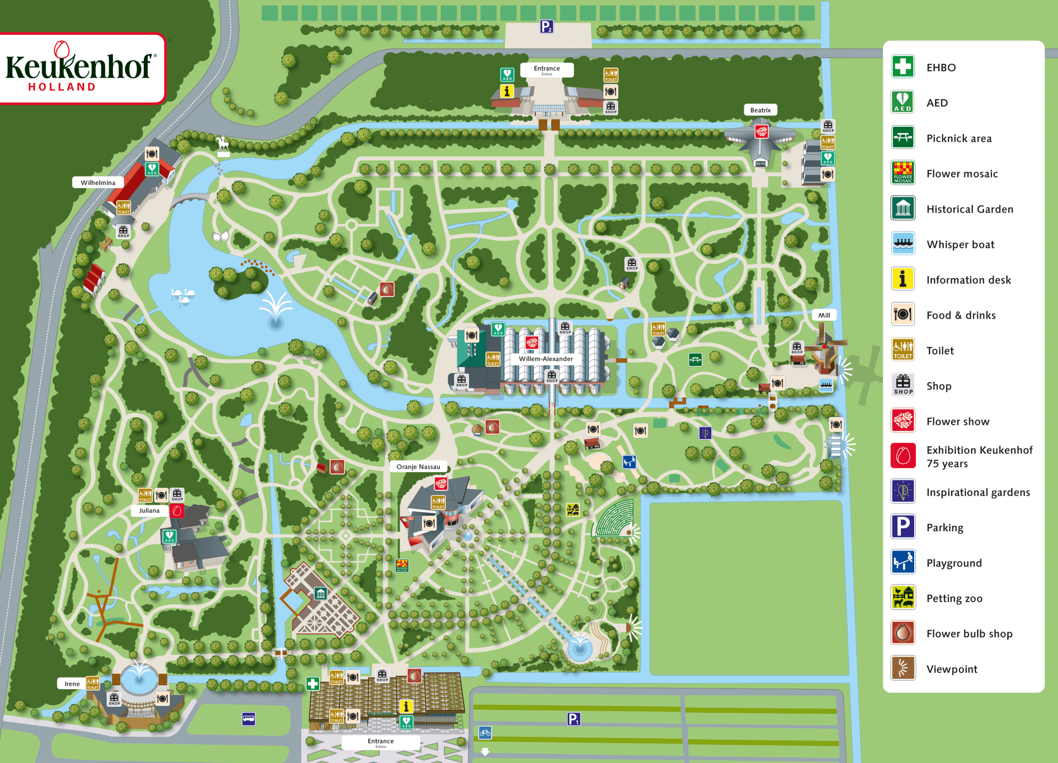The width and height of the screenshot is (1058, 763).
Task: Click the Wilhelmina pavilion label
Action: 98,182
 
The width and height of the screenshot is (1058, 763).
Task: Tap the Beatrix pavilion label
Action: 760,110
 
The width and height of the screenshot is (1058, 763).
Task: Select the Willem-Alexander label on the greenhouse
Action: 546,359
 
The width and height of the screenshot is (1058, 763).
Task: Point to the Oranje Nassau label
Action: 418,467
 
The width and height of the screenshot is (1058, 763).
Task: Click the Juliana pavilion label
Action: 149,511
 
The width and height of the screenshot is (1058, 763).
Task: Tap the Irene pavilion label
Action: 72,684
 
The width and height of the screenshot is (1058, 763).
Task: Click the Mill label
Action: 824,315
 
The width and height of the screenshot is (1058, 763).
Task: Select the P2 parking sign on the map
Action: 546,26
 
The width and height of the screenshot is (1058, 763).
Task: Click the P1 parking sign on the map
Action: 574,719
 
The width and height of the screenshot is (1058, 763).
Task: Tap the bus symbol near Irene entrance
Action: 249,719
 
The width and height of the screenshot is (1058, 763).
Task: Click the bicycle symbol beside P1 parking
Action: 485,733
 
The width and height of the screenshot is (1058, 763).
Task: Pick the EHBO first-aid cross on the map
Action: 312,684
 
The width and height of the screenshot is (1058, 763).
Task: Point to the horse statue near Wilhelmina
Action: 223,146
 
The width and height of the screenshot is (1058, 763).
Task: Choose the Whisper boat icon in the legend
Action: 903,244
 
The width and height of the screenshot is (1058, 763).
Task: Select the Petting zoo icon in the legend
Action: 903,598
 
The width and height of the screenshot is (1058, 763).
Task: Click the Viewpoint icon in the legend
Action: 903,668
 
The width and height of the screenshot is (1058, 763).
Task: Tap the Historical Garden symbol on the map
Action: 321,593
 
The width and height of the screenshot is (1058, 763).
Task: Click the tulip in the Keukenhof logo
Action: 62,50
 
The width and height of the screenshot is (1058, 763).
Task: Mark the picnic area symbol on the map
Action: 695,360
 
